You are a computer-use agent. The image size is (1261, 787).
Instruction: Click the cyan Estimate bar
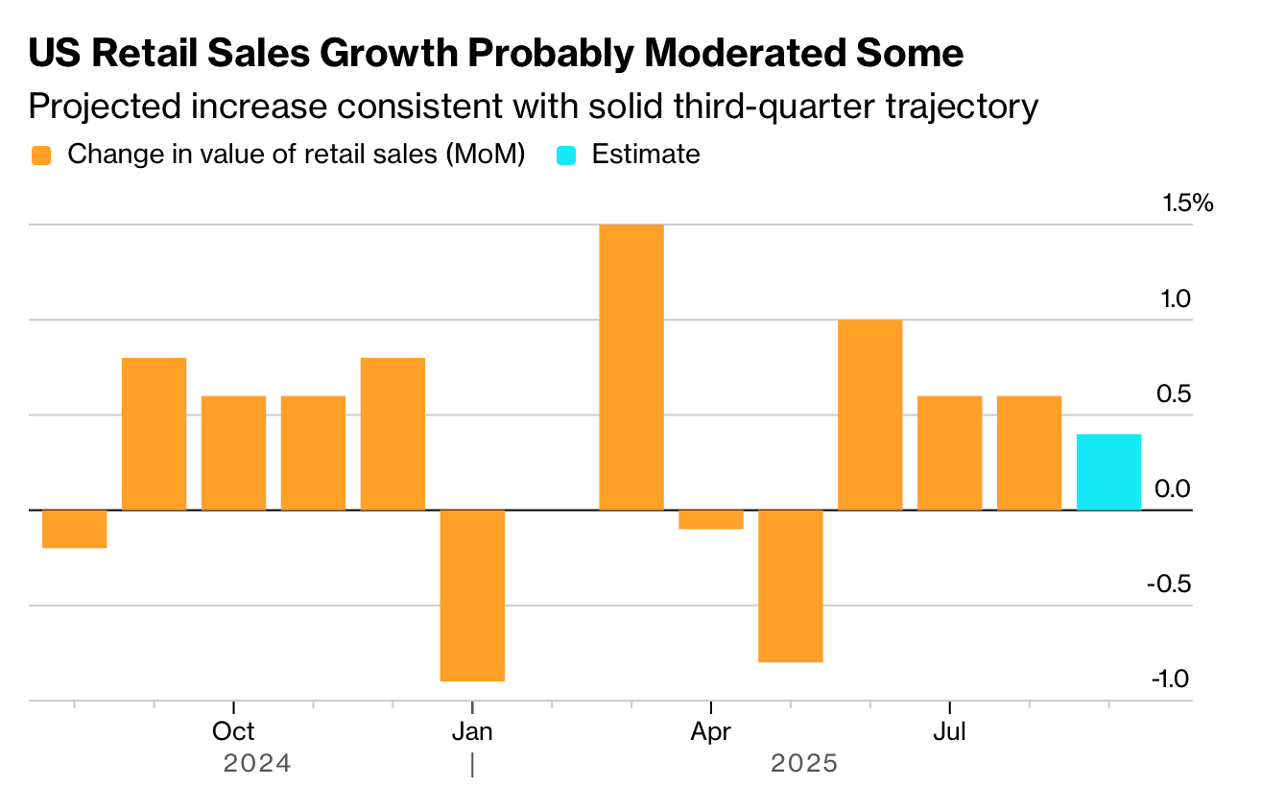tap(1108, 472)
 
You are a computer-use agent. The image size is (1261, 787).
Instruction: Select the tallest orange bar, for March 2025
tap(631, 367)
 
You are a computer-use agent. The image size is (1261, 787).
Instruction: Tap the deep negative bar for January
tap(472, 596)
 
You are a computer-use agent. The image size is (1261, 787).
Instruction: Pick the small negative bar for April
tap(711, 519)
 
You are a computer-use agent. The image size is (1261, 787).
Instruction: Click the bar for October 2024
tap(233, 453)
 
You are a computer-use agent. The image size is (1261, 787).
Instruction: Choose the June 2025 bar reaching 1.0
tap(869, 415)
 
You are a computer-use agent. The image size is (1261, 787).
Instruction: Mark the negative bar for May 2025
tap(791, 586)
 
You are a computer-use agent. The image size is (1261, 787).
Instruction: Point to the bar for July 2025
tap(950, 453)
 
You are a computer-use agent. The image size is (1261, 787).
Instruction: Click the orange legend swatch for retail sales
tap(41, 155)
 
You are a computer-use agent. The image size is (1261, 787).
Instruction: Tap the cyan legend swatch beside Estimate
tap(566, 155)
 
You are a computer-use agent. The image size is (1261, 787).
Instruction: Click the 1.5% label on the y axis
tap(1188, 203)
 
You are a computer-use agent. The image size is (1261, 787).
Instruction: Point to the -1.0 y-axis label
tap(1171, 679)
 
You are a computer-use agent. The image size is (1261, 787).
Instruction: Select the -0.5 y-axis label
tap(1169, 584)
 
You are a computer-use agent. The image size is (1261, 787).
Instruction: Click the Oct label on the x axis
tap(233, 731)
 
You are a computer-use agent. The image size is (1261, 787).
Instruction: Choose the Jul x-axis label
tap(949, 731)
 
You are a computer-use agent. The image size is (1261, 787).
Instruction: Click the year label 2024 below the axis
tap(257, 763)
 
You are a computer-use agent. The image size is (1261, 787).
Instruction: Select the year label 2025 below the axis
tap(804, 763)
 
